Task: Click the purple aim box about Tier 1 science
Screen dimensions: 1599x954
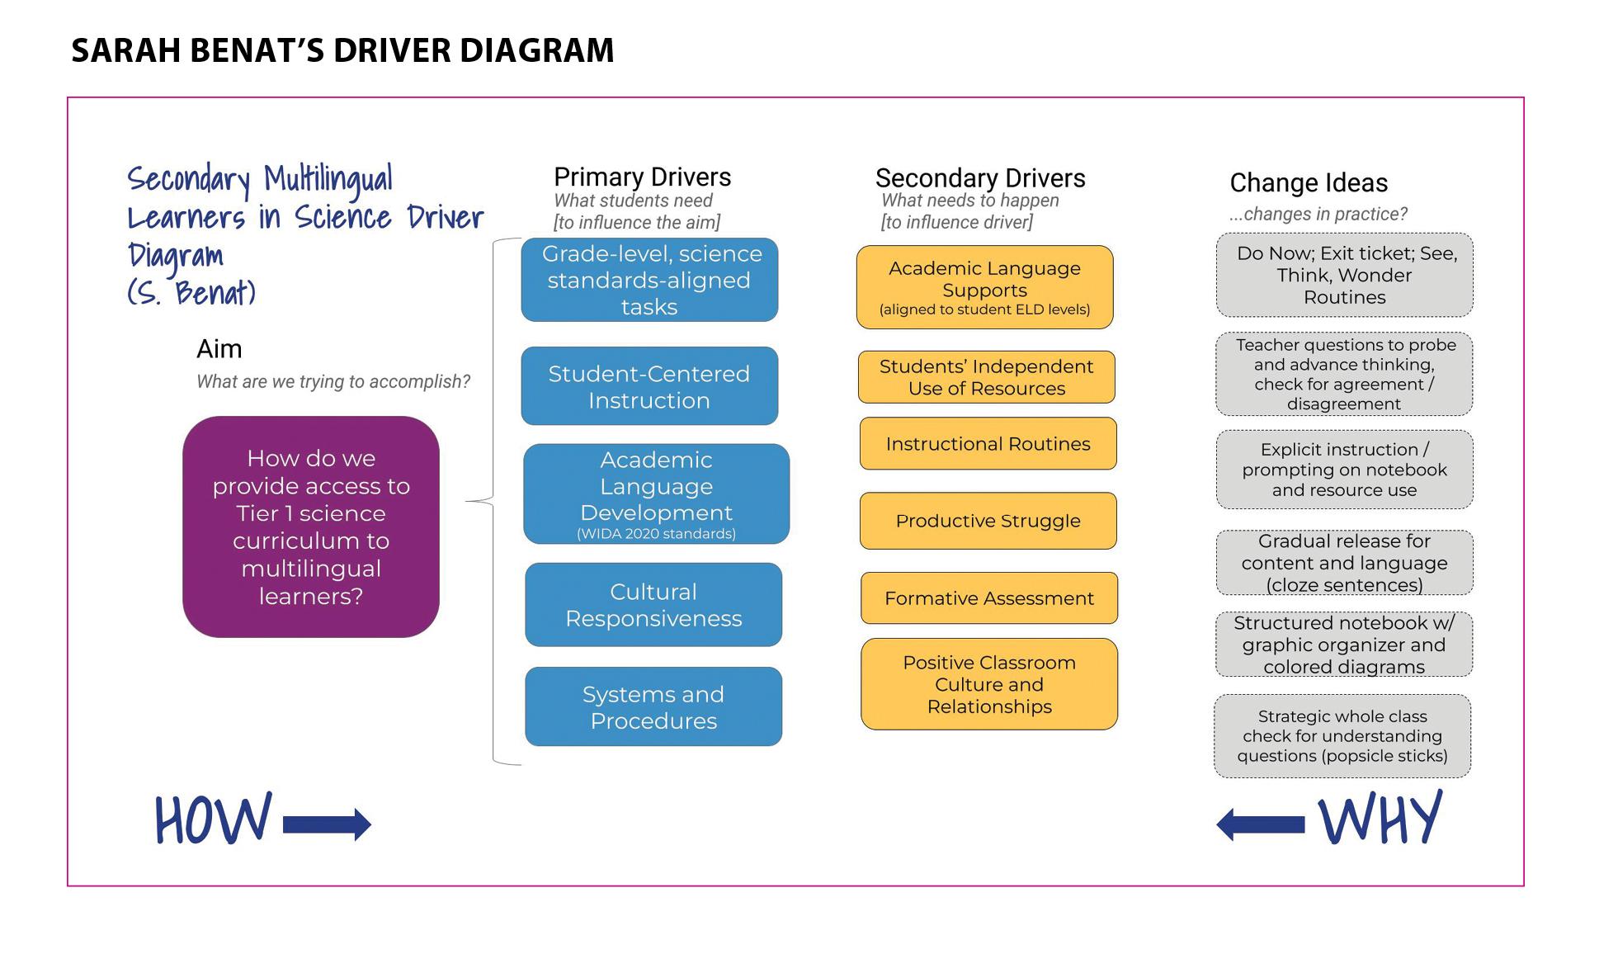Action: point(311,527)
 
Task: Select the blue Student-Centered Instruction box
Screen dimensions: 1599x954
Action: point(649,386)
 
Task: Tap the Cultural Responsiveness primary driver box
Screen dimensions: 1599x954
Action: point(653,605)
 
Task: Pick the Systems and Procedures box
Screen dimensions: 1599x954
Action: point(653,707)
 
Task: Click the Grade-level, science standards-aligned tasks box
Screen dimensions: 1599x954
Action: point(649,280)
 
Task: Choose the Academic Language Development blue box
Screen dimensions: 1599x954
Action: point(657,494)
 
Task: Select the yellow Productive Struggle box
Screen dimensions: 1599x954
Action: point(988,521)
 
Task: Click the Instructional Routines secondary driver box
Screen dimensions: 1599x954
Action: point(988,443)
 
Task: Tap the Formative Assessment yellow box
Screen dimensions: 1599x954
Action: point(989,598)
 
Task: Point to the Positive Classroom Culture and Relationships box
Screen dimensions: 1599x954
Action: point(989,684)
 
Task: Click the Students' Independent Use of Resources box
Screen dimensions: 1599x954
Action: point(987,377)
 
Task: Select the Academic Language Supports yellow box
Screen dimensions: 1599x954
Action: point(985,287)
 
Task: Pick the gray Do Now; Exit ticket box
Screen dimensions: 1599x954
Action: point(1345,275)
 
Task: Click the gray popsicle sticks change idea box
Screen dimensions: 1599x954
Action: point(1342,736)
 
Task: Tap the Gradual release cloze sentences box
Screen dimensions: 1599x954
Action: point(1345,563)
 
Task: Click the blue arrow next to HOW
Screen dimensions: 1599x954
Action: point(327,824)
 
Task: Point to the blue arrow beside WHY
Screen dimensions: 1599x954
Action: point(1261,824)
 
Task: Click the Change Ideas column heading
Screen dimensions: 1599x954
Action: point(1309,182)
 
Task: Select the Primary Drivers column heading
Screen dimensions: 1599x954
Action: point(642,177)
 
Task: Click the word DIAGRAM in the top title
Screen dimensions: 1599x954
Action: point(537,50)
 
